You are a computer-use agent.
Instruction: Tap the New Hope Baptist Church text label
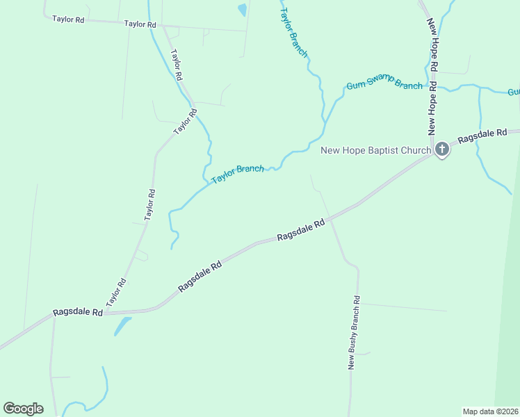(x=376, y=150)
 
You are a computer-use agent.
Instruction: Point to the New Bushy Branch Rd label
(x=355, y=333)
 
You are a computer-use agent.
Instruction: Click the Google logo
(x=23, y=409)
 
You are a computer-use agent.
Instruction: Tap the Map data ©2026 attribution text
(x=490, y=411)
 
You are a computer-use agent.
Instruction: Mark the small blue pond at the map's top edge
(x=242, y=10)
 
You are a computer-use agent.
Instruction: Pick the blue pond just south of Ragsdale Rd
(x=122, y=325)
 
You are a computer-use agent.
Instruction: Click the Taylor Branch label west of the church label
(x=238, y=173)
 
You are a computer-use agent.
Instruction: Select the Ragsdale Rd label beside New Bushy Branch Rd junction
(x=300, y=231)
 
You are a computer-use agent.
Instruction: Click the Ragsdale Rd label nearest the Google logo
(x=79, y=313)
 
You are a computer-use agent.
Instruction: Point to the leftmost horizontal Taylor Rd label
(x=68, y=19)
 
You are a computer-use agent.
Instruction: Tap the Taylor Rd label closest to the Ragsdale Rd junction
(x=116, y=293)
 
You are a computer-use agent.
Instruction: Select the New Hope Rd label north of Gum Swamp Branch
(x=432, y=46)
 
